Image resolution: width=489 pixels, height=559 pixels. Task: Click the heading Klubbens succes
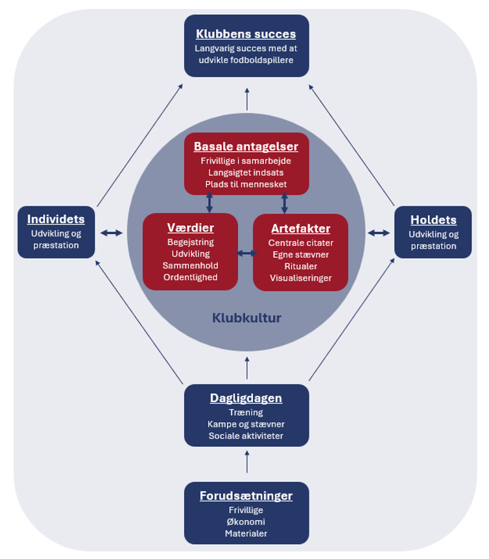[246, 34]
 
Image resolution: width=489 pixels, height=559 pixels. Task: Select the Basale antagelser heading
[246, 147]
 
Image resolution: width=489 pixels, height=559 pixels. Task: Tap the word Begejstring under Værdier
[191, 242]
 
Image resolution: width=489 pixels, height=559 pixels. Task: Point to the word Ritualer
[300, 266]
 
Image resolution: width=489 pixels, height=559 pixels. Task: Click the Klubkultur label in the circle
[246, 318]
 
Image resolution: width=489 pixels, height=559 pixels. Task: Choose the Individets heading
[56, 219]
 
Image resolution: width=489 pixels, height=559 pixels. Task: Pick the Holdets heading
[433, 220]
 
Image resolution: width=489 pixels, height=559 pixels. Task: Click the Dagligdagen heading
[246, 398]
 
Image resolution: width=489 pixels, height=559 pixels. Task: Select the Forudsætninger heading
[246, 496]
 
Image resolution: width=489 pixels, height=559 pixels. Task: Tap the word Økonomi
[246, 522]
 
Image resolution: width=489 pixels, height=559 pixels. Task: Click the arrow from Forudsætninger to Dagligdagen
[246, 463]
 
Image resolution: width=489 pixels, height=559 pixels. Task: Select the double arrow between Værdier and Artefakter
[246, 253]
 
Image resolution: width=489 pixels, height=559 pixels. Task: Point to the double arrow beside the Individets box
[112, 233]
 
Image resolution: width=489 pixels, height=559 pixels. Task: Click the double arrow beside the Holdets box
[379, 233]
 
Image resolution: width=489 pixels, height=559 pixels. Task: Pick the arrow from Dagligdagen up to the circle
[246, 368]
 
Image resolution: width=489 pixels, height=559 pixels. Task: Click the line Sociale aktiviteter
[246, 436]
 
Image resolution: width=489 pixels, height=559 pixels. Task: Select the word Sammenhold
[191, 265]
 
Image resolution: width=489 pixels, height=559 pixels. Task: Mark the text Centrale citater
[300, 243]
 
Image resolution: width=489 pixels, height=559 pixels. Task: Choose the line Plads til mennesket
[246, 184]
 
